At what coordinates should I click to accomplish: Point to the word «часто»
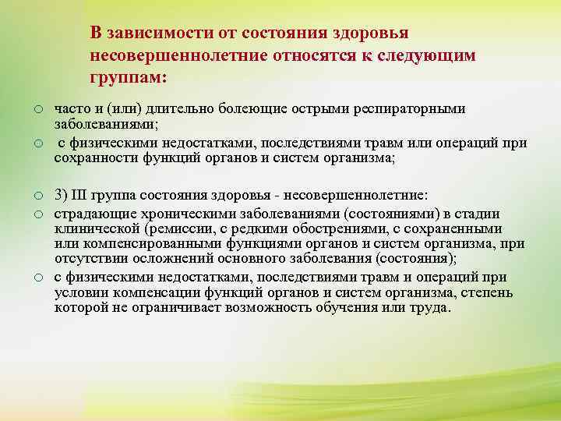(x=71, y=109)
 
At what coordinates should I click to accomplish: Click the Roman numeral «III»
(x=79, y=194)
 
